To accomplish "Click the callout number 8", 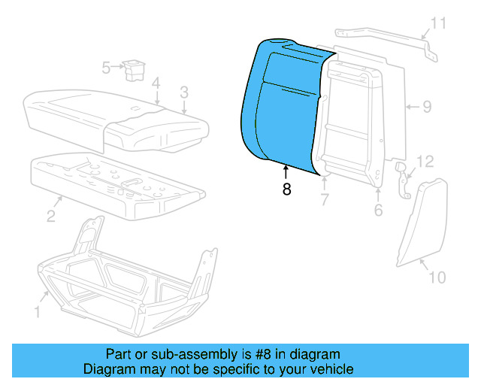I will pos(286,190).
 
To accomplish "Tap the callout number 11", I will pos(438,23).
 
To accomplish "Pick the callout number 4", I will pos(155,83).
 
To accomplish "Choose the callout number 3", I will pos(183,92).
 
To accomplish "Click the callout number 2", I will pos(50,217).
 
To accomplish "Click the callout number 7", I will pos(325,199).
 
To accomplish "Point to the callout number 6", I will pos(378,210).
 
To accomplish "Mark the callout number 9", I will pos(426,107).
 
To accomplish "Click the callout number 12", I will pos(425,161).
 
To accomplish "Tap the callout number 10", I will pos(437,277).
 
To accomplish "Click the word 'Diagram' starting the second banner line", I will pos(107,369).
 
